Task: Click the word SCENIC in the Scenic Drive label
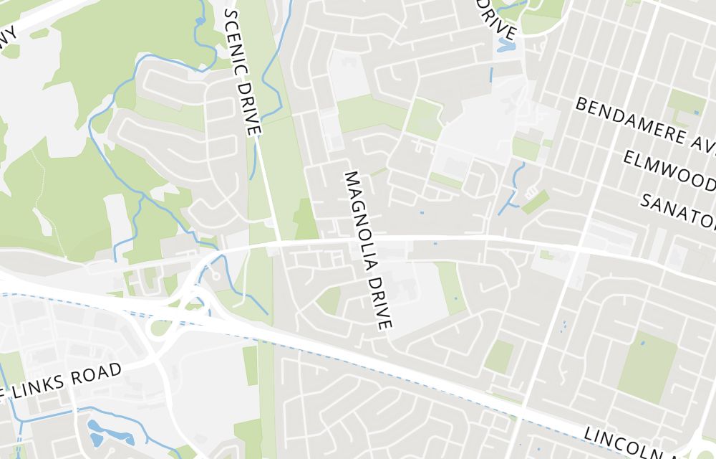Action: tap(234, 37)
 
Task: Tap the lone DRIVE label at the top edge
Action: tap(498, 19)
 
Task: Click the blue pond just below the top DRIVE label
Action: tap(506, 44)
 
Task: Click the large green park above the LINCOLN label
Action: tap(647, 368)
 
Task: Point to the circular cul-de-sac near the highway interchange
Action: tap(213, 274)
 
